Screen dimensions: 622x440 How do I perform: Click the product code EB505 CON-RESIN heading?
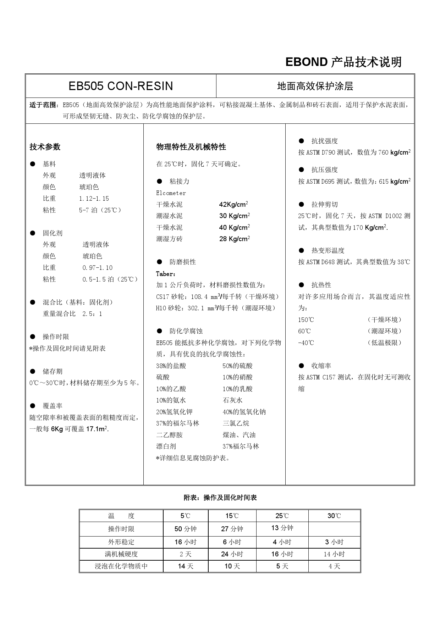click(x=121, y=86)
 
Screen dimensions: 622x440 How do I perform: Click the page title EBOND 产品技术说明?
click(x=343, y=62)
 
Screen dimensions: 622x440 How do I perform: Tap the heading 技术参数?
click(x=45, y=147)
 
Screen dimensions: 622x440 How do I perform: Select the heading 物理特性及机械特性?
click(x=191, y=147)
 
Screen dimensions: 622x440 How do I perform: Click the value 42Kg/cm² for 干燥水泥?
click(x=233, y=204)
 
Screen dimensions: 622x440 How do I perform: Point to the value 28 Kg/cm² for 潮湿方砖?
click(x=235, y=239)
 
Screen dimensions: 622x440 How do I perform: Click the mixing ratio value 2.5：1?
click(x=92, y=314)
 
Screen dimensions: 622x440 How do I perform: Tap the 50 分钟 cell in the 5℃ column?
click(x=186, y=529)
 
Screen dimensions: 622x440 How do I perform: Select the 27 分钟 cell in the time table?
click(x=232, y=529)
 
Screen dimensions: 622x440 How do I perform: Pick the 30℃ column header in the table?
click(x=334, y=516)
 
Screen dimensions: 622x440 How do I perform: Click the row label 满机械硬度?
click(x=121, y=554)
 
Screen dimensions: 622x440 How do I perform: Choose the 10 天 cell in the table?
click(x=232, y=566)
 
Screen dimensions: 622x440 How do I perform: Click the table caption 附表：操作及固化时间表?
click(x=220, y=498)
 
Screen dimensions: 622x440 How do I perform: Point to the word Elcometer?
click(x=171, y=193)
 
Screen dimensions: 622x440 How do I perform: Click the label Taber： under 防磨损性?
click(x=166, y=274)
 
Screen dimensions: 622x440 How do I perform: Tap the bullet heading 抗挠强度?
click(x=324, y=141)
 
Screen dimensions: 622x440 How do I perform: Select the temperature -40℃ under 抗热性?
click(x=306, y=343)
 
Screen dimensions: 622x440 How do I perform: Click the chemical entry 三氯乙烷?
click(x=236, y=423)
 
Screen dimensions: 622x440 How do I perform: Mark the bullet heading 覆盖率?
click(x=53, y=406)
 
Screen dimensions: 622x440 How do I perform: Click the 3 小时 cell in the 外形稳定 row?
click(x=334, y=542)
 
